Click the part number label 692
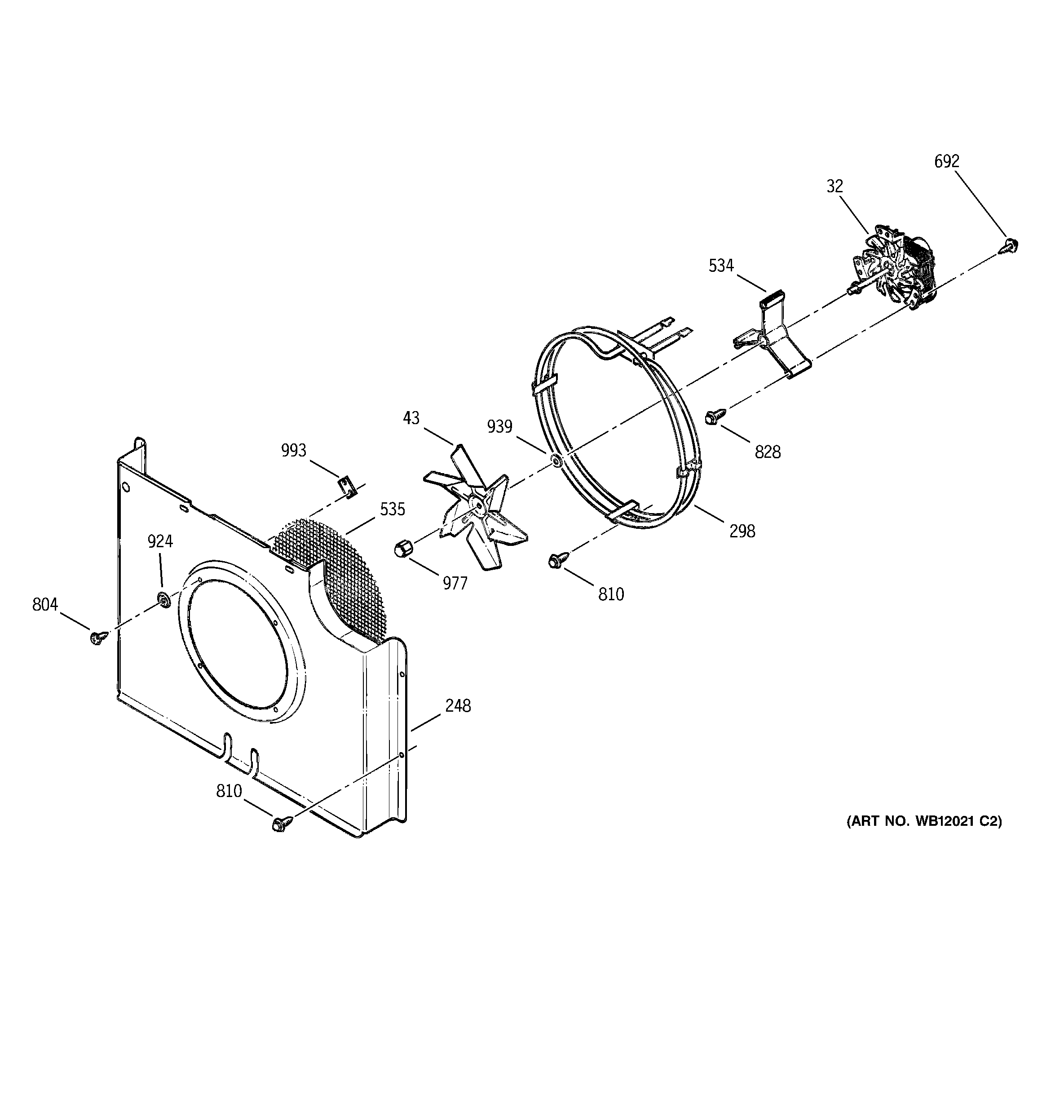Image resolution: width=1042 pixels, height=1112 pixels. (947, 162)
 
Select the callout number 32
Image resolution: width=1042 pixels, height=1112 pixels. (834, 186)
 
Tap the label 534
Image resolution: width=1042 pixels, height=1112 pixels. (721, 266)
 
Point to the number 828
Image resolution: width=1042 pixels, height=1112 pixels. (768, 452)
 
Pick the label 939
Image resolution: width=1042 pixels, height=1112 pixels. (499, 427)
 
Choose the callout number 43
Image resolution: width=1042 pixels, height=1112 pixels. (411, 418)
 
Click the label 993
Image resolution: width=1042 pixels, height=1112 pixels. (294, 450)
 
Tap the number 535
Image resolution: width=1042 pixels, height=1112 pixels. (392, 509)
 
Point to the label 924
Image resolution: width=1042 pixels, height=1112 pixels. (160, 541)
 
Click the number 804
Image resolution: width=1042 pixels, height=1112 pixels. (45, 605)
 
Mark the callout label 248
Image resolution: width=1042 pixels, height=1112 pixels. (458, 706)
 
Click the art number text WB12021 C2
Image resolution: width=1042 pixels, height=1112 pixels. (956, 821)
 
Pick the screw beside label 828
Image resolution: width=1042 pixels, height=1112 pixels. (715, 416)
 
